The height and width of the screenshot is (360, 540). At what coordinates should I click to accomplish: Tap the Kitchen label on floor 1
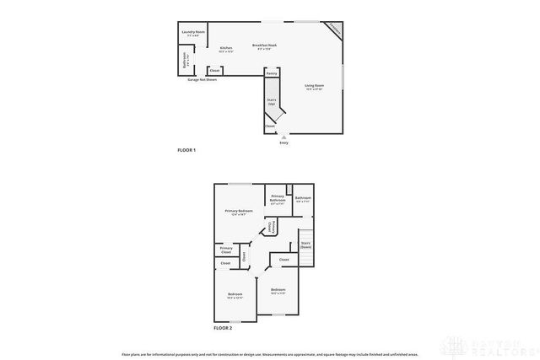(226, 49)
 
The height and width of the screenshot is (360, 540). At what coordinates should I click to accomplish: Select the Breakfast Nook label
(265, 46)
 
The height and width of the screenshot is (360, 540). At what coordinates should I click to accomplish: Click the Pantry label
(271, 74)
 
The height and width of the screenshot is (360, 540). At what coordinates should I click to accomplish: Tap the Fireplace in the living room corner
(336, 28)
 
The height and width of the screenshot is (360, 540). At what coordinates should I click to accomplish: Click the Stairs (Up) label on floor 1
(272, 102)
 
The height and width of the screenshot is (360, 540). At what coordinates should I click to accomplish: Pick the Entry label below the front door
(283, 142)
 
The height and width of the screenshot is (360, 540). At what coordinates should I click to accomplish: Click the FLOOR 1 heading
(186, 150)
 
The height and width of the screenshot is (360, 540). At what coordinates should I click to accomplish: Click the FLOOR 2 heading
(223, 326)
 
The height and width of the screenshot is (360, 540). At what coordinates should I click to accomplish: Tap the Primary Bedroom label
(239, 212)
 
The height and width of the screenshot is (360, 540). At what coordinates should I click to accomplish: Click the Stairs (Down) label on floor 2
(305, 245)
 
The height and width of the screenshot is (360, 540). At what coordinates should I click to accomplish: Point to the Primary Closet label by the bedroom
(226, 250)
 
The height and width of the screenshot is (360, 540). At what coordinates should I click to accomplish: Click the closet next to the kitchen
(215, 70)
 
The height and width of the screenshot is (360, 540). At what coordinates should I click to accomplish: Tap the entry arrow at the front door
(283, 136)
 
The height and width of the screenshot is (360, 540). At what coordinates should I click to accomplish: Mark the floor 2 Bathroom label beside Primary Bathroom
(304, 200)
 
